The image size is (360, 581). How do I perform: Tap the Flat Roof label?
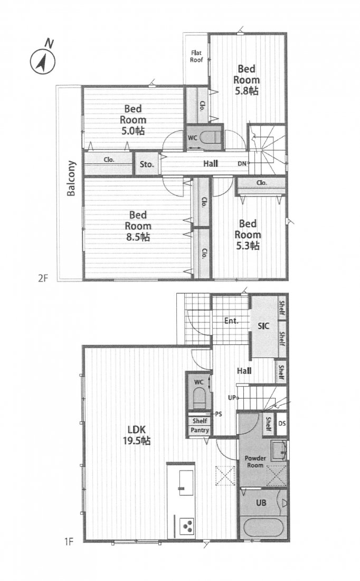point(196,56)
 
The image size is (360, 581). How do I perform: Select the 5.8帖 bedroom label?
point(248,80)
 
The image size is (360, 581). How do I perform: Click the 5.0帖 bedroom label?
point(135,120)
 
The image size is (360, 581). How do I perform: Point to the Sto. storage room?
point(147,164)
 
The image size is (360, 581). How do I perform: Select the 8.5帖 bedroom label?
point(138,226)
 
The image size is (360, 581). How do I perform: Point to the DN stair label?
point(242,164)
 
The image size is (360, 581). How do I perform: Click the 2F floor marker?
point(42,278)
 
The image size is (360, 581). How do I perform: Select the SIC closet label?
point(263,326)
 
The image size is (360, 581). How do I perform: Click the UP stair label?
point(231,397)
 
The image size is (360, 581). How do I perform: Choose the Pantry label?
point(200,430)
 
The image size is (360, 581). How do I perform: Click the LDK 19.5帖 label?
point(138,434)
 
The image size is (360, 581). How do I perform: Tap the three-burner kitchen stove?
point(186,525)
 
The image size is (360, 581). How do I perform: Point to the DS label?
point(282,423)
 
